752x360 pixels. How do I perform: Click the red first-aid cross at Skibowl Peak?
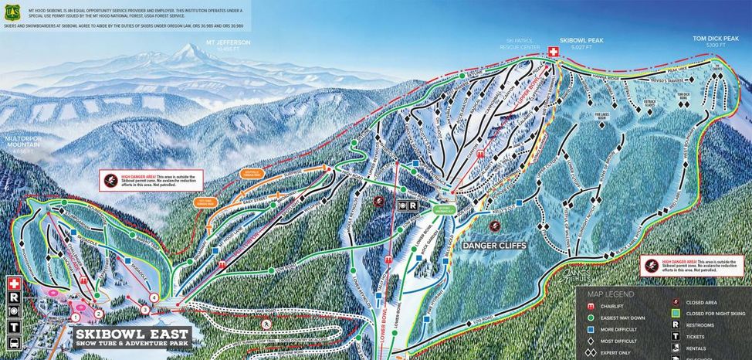click(x=553, y=51)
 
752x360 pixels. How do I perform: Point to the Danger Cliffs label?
click(x=494, y=245)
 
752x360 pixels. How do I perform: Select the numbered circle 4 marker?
click(x=154, y=297)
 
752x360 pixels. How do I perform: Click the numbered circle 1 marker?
click(x=76, y=317)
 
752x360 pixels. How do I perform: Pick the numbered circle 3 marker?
click(x=144, y=310)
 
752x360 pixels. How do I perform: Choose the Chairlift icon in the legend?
click(x=591, y=306)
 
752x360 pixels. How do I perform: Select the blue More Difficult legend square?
click(x=591, y=328)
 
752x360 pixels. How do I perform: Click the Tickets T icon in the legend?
click(x=676, y=337)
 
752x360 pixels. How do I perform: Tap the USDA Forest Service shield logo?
click(x=12, y=13)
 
